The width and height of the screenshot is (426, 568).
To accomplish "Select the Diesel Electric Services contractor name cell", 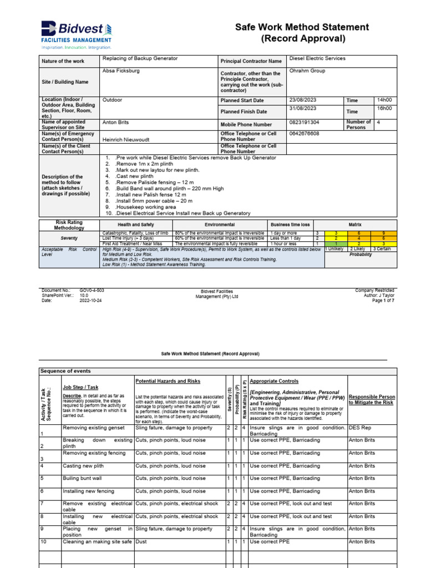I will tap(317, 58).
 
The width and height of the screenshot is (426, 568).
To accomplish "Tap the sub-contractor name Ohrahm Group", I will tap(307, 71).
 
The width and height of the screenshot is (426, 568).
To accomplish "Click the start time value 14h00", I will tap(384, 100).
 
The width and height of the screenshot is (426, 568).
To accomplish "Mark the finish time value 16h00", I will tap(384, 108).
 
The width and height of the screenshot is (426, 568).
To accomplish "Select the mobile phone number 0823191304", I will tap(305, 121).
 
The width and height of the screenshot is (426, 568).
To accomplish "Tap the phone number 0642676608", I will tap(305, 134).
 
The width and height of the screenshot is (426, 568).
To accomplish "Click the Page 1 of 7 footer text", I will tap(380, 300).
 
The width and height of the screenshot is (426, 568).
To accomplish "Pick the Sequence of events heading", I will tap(65, 371).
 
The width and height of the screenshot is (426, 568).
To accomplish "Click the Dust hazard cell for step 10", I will tap(143, 542).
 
